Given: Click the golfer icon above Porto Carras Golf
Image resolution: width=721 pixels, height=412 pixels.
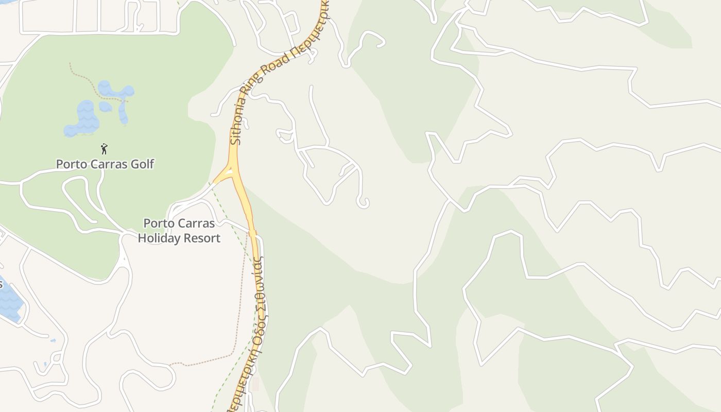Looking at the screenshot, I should (x=104, y=149).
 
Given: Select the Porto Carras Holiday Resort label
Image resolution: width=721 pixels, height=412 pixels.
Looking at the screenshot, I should (x=179, y=231).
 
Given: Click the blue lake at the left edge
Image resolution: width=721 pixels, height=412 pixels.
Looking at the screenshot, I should (x=8, y=301).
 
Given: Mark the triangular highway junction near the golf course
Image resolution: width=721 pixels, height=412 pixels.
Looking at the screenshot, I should (x=229, y=173).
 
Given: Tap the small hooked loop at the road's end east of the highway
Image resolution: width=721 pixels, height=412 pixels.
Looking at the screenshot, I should (x=364, y=202).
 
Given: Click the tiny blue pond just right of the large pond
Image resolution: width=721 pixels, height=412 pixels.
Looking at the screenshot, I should (x=106, y=107).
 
